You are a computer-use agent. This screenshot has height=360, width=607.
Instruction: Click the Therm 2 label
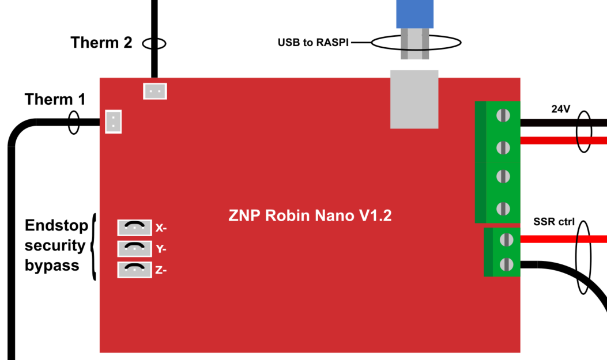(101, 43)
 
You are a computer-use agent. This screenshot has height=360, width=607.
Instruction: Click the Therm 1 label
(55, 99)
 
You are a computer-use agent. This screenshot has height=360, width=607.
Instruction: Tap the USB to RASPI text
(313, 43)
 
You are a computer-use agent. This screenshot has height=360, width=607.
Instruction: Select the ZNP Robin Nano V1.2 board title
(310, 216)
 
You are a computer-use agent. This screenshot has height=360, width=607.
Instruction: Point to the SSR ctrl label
(553, 222)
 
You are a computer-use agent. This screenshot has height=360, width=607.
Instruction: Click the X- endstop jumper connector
(134, 228)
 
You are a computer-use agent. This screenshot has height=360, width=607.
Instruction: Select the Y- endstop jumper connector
(134, 248)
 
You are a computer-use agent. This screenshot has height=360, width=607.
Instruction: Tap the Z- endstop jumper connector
(134, 269)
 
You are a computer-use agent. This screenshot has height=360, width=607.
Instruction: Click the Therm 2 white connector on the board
(154, 90)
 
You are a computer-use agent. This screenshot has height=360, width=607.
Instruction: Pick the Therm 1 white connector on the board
(114, 122)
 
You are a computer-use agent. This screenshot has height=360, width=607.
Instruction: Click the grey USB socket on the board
(414, 99)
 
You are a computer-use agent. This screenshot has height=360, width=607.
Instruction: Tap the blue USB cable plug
(414, 14)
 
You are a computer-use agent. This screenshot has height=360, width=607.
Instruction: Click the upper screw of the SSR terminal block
(506, 238)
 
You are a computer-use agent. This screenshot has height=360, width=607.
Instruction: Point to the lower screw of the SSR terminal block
(506, 264)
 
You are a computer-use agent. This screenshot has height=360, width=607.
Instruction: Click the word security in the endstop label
(55, 246)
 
